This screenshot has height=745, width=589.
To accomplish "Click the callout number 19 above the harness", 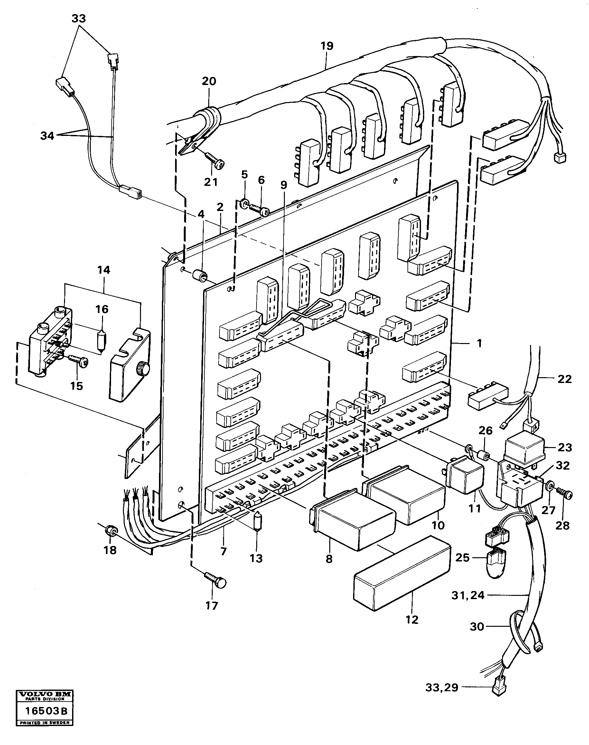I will [x=327, y=46].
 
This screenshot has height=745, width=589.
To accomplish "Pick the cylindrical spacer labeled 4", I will [x=200, y=276].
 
